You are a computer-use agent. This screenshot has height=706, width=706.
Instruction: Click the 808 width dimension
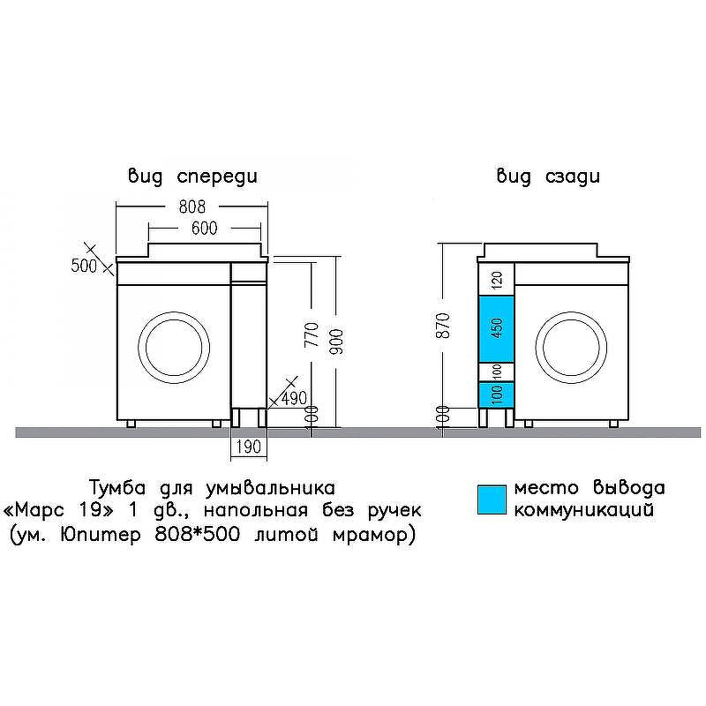pos(192,207)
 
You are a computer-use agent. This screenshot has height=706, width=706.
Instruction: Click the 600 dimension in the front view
pos(204,228)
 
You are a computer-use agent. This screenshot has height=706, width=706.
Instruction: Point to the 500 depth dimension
pos(84,266)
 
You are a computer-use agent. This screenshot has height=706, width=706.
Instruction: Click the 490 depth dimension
pos(294,398)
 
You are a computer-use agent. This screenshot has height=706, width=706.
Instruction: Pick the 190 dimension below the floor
pos(248,447)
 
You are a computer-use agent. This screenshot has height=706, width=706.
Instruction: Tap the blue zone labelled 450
pos(496,327)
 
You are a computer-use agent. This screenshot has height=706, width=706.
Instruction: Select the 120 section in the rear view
pos(496,281)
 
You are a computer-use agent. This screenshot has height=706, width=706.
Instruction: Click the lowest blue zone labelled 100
pos(496,394)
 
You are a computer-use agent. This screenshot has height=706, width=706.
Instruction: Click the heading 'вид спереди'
pos(192,176)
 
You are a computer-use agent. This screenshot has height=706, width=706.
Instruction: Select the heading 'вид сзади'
pos(548,176)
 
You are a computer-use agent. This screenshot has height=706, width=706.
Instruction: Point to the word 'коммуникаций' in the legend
pos(584,510)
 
